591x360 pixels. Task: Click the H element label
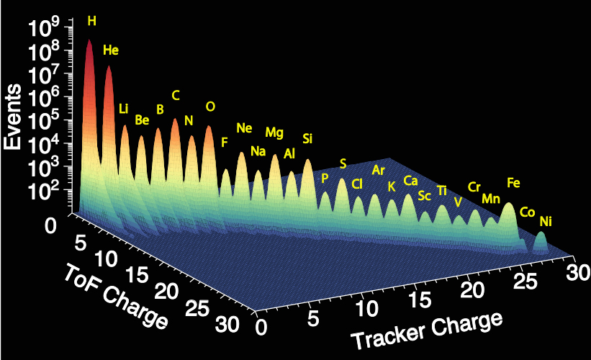[91, 21]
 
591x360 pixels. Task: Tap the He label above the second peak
[111, 50]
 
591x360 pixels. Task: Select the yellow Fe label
[513, 183]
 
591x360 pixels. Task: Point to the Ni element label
[546, 222]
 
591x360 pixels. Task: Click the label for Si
[307, 138]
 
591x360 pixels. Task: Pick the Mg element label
[274, 132]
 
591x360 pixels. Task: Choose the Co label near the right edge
[527, 212]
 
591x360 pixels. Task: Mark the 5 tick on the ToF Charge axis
[81, 240]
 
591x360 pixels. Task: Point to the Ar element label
[379, 171]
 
